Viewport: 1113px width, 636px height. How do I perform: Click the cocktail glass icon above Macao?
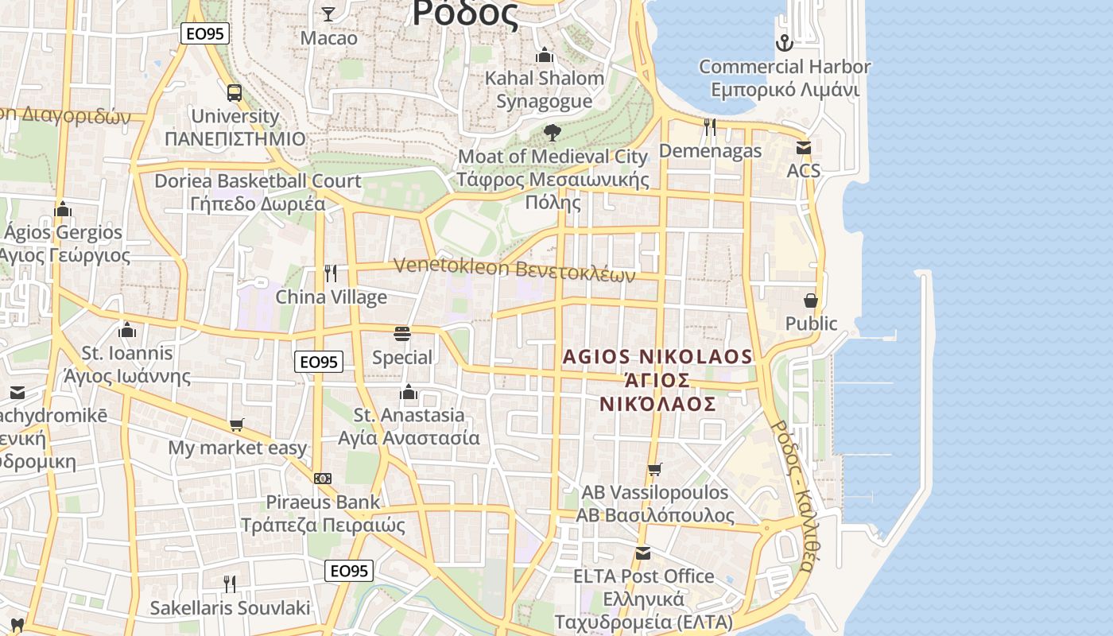[x=328, y=14]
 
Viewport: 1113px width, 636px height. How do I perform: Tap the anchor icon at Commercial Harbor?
[x=785, y=43]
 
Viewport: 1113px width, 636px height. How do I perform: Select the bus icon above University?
[x=235, y=92]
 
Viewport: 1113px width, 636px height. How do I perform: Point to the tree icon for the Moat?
[x=553, y=133]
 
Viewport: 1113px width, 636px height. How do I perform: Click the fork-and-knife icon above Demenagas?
[x=710, y=126]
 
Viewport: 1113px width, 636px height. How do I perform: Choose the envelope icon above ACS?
[x=804, y=147]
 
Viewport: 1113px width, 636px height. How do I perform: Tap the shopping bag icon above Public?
[x=811, y=300]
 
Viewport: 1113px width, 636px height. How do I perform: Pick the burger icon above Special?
[x=402, y=334]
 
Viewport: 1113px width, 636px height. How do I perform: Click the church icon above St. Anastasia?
[x=409, y=391]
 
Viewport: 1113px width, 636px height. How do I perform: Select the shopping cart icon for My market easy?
[x=236, y=425]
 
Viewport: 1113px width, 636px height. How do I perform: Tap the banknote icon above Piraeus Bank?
[x=323, y=479]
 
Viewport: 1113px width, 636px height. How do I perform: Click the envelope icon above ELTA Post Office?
[x=643, y=553]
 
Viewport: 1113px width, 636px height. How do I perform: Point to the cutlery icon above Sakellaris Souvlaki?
[x=230, y=584]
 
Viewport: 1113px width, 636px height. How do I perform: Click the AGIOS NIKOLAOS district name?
[x=657, y=379]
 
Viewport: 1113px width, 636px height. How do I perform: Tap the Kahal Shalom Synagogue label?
[x=545, y=89]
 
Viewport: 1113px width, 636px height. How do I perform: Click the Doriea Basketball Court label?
[x=258, y=192]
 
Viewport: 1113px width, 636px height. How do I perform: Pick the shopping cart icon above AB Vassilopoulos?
[x=654, y=469]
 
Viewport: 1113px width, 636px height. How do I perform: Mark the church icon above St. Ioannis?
[x=127, y=330]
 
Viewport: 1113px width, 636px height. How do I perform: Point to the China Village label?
[x=331, y=297]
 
